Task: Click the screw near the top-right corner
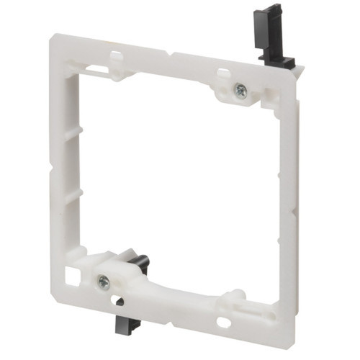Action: click(x=240, y=91)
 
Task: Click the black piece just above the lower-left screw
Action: click(x=140, y=264)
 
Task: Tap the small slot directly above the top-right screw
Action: click(x=224, y=73)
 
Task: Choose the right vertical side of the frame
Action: click(x=287, y=209)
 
